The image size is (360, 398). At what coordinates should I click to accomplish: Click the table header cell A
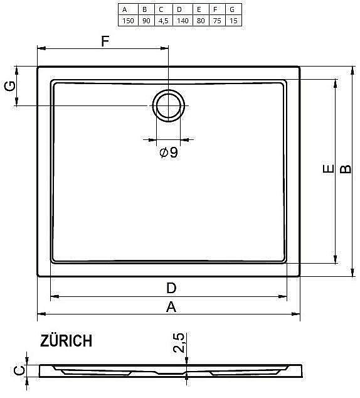click(x=127, y=9)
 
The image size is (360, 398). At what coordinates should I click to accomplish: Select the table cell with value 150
click(x=127, y=21)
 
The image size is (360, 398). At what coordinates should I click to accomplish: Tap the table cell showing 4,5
click(x=161, y=21)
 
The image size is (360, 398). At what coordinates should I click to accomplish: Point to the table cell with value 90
click(x=145, y=21)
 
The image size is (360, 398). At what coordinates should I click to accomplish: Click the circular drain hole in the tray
click(x=169, y=105)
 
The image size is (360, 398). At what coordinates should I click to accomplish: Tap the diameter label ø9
click(x=169, y=152)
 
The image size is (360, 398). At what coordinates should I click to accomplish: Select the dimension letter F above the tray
click(x=105, y=42)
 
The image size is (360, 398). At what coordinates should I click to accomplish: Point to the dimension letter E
click(x=326, y=169)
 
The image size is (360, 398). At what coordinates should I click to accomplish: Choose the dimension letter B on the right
click(x=344, y=169)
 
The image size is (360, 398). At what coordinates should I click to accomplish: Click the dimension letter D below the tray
click(x=171, y=288)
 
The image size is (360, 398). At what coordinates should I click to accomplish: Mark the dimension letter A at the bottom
click(x=171, y=306)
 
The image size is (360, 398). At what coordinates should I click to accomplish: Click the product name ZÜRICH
click(x=66, y=341)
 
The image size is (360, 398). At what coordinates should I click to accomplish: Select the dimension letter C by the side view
click(x=21, y=371)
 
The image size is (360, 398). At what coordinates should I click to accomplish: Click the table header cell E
click(x=198, y=9)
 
